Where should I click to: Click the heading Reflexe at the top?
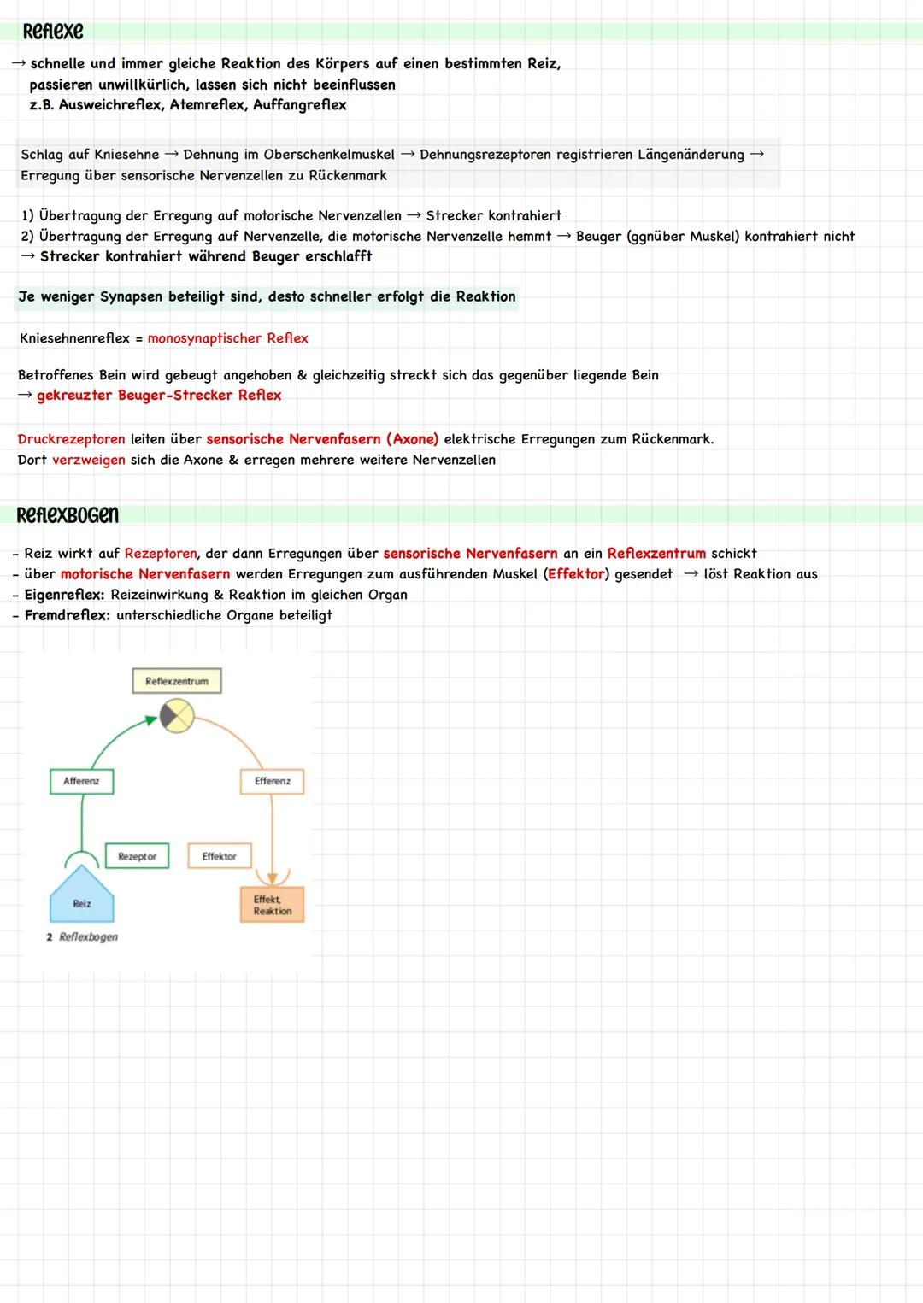coord(53,32)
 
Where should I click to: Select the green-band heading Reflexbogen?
coord(68,515)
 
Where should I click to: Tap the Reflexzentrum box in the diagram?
coord(177,681)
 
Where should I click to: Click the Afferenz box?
coord(81,781)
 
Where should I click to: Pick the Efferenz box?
coord(272,781)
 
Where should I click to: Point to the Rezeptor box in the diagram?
coord(137,856)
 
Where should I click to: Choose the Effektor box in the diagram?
coord(219,856)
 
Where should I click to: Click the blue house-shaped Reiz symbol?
coord(82,897)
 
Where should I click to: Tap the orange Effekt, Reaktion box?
coord(273,905)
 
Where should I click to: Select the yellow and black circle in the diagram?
coord(178,716)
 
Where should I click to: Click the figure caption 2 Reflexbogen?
coord(83,937)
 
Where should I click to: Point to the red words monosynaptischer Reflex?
coord(227,338)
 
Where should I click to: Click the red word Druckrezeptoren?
coord(71,439)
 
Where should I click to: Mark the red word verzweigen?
coord(88,460)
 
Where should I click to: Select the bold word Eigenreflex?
coord(64,595)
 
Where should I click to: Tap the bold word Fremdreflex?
coord(67,615)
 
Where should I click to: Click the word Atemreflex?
coord(208,105)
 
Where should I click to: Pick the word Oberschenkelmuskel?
coord(329,155)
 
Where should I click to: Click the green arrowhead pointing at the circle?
coord(152,720)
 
